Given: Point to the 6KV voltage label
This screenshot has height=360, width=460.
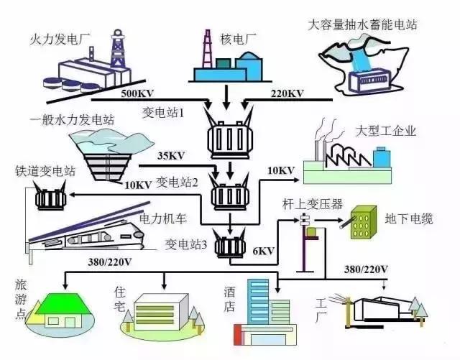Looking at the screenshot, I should (x=263, y=251).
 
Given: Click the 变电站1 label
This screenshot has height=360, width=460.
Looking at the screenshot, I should (x=165, y=113).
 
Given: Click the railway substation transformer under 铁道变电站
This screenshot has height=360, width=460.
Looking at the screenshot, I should (x=50, y=198).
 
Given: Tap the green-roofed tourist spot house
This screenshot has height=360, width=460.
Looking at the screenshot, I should (x=60, y=311).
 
